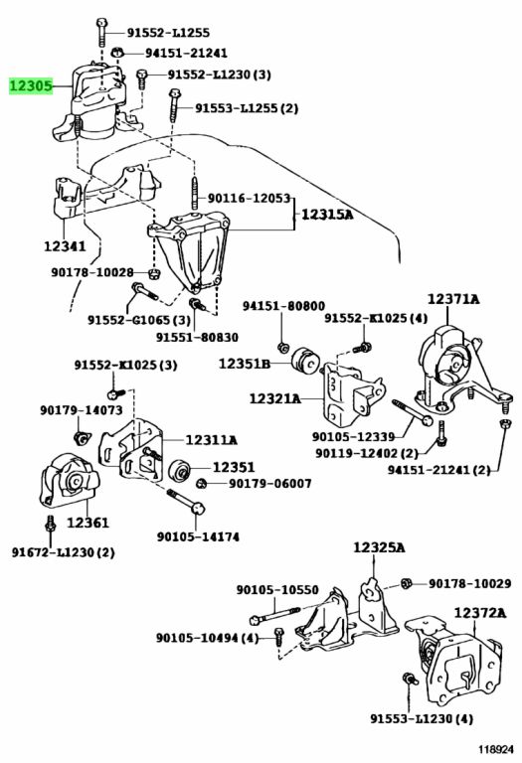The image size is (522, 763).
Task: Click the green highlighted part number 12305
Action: click(x=31, y=86)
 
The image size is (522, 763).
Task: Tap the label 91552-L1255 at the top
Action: click(x=168, y=33)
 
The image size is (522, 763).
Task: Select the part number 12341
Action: click(x=65, y=246)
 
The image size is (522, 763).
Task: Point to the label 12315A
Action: click(x=327, y=214)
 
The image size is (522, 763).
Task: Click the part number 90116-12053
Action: click(x=249, y=198)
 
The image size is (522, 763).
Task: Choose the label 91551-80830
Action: click(x=197, y=337)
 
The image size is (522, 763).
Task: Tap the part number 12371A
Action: click(x=453, y=299)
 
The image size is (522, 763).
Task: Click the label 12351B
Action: click(x=244, y=363)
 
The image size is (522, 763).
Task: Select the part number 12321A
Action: click(x=275, y=398)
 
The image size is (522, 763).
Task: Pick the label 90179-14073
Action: click(x=82, y=410)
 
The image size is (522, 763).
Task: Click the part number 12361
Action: click(x=87, y=523)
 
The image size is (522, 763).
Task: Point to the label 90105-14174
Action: click(x=198, y=536)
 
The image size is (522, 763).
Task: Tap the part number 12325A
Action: click(x=379, y=547)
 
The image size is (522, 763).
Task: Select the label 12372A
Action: click(x=480, y=613)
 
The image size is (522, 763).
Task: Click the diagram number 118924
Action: click(x=495, y=749)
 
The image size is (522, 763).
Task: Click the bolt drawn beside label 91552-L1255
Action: click(x=101, y=33)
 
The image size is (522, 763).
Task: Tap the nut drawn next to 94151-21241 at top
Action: click(x=117, y=53)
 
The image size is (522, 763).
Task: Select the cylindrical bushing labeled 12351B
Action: click(x=305, y=363)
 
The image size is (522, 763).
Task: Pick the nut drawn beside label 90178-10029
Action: click(x=407, y=583)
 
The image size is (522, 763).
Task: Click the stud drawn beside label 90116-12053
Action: click(x=194, y=194)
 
